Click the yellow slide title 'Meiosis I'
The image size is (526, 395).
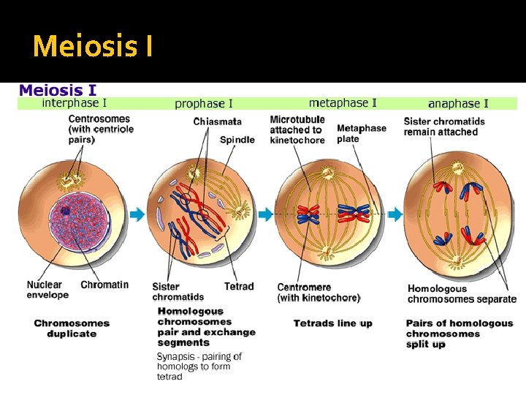pos(93,46)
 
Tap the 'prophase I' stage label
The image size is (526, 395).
pos(204,104)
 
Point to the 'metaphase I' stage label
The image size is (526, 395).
pos(343,102)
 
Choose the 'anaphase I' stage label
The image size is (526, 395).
pos(458,104)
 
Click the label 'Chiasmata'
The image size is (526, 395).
pos(218,121)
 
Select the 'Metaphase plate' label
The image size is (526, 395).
pos(362,133)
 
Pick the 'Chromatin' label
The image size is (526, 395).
pos(104,285)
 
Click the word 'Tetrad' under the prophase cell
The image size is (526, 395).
pos(239,286)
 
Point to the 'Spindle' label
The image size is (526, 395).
pos(237,139)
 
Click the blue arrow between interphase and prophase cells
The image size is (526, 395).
pos(137,214)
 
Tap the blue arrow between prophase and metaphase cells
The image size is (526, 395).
pos(265,214)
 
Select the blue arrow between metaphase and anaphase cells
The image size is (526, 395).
pos(394,214)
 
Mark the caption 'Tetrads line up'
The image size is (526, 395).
pos(332,323)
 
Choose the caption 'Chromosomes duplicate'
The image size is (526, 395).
pos(72,328)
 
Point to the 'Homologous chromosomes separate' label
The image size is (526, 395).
pos(461,293)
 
